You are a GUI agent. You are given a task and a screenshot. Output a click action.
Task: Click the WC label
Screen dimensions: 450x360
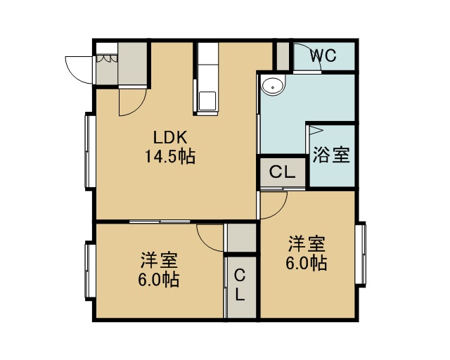click(x=323, y=56)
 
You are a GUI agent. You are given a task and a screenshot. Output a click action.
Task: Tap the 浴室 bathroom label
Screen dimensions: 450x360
click(x=331, y=155)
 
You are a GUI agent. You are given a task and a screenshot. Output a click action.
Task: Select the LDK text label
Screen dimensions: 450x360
click(x=170, y=137)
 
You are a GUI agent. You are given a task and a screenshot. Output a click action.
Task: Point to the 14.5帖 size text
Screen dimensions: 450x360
click(x=170, y=157)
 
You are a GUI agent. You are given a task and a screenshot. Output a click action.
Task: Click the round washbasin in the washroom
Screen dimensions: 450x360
click(x=272, y=86)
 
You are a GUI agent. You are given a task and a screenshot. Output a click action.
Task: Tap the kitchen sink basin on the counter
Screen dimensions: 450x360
click(x=207, y=101)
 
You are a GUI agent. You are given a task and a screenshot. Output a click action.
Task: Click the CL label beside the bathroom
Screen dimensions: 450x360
click(x=283, y=172)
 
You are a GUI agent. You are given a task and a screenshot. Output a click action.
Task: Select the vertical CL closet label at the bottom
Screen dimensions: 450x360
click(x=240, y=285)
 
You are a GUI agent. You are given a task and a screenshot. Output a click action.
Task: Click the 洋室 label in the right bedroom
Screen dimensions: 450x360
click(x=307, y=244)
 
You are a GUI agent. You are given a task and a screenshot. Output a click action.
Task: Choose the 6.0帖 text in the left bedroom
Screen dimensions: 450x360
click(x=159, y=280)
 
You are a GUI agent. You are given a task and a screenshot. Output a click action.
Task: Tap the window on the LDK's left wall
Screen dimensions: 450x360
click(x=90, y=151)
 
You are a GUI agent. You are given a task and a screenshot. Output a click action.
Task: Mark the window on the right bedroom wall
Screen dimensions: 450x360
click(x=361, y=255)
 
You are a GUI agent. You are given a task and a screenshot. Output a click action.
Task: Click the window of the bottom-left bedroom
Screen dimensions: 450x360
click(x=90, y=271)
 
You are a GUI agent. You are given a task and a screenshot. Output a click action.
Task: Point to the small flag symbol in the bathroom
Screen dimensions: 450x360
click(x=316, y=130)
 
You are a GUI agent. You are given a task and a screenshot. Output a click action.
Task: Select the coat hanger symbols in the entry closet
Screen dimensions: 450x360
click(x=107, y=58)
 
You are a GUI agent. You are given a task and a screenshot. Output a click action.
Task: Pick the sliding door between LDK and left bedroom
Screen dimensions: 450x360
click(x=160, y=221)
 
